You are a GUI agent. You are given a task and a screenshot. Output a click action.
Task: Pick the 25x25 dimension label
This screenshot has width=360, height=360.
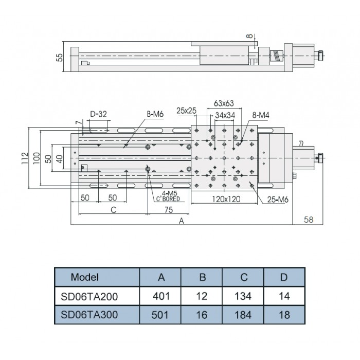coord(186,110)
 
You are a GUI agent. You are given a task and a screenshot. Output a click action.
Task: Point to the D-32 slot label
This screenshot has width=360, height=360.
coord(98,114)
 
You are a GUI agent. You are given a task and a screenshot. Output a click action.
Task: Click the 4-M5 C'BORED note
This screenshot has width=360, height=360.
coord(168,195)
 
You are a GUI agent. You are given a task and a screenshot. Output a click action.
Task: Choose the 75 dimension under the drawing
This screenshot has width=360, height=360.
coord(168,210)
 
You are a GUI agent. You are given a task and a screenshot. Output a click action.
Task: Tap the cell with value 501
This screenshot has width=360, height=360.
coord(161,314)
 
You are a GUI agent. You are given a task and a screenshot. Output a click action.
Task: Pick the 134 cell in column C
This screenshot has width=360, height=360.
coord(243,296)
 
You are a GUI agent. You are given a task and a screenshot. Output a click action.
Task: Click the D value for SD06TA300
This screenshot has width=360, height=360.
coord(284,314)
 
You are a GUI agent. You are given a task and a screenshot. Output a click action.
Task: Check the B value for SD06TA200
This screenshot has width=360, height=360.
coord(202,296)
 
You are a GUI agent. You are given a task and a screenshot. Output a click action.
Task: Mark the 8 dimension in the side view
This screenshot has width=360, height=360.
coord(249,35)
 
